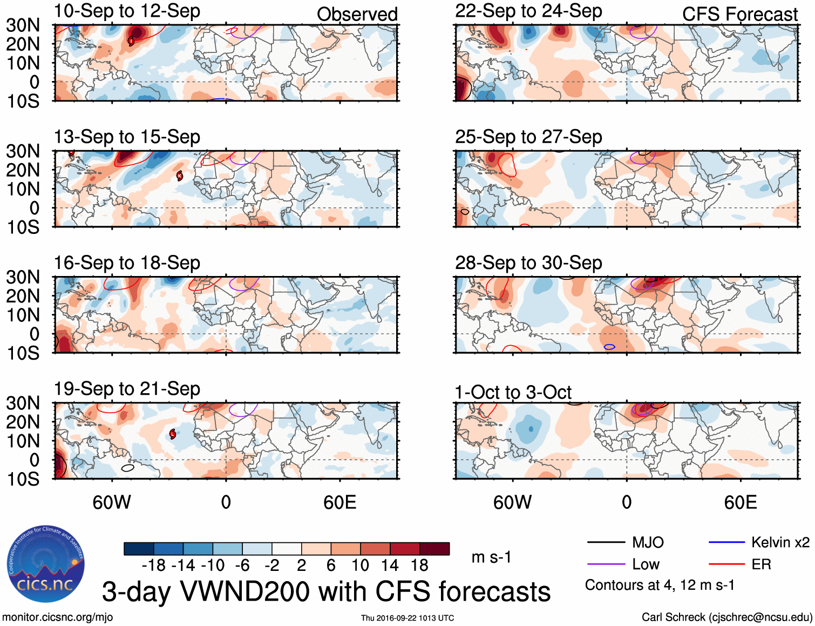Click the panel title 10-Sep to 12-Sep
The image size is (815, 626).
[x=127, y=11]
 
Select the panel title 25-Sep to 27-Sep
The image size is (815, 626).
[x=528, y=137]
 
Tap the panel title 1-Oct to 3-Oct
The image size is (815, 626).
[x=513, y=392]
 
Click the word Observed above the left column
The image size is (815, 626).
[x=357, y=15]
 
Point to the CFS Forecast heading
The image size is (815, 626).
[x=739, y=15]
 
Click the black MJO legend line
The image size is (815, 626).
[x=606, y=542]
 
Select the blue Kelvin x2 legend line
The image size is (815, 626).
[x=726, y=542]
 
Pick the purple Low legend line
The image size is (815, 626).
[x=606, y=564]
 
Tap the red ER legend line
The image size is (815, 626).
[x=726, y=564]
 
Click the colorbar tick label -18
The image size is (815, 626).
[x=154, y=566]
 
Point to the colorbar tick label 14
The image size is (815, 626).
[x=390, y=566]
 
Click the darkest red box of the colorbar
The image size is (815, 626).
[x=434, y=549]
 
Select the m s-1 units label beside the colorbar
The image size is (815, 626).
[x=491, y=557]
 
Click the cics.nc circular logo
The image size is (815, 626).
[x=45, y=564]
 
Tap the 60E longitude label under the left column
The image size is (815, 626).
[x=339, y=503]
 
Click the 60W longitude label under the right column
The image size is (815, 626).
[x=512, y=503]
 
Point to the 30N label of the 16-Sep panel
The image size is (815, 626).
[x=23, y=277]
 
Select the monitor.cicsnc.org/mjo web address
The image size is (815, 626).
[x=58, y=617]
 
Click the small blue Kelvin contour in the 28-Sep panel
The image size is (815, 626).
[x=609, y=347]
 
